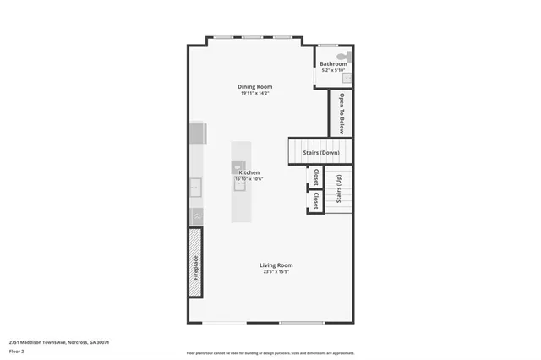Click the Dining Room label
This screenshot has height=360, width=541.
click(254, 86)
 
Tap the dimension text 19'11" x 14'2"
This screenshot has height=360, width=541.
click(254, 93)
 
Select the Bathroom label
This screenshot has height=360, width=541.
click(333, 63)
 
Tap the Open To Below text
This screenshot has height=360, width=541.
click(342, 113)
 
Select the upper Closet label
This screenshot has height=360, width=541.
click(315, 177)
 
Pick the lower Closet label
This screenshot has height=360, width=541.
click(315, 201)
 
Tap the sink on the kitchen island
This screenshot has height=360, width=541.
click(240, 187)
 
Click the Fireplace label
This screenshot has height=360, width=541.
click(195, 268)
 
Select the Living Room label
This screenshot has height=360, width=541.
click(276, 265)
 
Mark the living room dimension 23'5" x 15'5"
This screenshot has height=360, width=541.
click(276, 271)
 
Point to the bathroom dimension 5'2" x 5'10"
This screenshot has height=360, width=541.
click(333, 70)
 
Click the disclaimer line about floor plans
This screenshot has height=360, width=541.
click(270, 353)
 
